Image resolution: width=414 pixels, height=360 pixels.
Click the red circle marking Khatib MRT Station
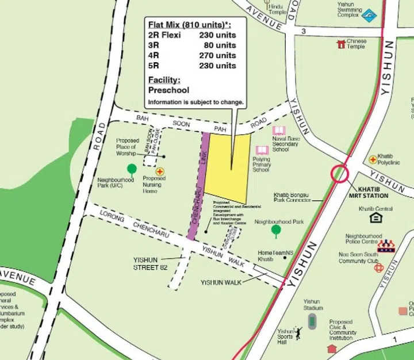[x=339, y=173]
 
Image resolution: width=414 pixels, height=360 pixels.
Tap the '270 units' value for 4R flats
[x=217, y=56]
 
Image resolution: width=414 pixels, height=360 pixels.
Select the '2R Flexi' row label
[x=164, y=35]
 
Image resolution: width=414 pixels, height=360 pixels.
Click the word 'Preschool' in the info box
[x=168, y=90]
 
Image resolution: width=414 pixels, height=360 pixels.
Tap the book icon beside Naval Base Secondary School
[x=279, y=132]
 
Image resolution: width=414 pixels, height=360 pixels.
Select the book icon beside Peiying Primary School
[x=262, y=150]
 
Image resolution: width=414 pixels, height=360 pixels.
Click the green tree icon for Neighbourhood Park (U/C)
[x=132, y=169]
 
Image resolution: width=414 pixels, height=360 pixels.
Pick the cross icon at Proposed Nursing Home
[x=160, y=171]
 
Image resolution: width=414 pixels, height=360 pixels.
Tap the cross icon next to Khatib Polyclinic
[x=373, y=159]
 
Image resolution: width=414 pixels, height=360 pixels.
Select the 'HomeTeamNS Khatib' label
[x=275, y=256]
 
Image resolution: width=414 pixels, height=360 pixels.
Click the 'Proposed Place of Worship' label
[x=127, y=147]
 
